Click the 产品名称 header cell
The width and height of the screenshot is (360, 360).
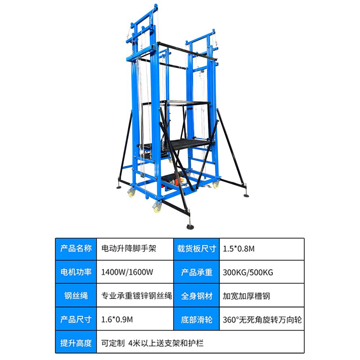(x=76, y=249)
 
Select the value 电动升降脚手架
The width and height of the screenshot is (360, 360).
(x=129, y=249)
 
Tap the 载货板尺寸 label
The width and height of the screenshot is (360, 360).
(x=196, y=249)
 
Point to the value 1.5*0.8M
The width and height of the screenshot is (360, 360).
(x=239, y=249)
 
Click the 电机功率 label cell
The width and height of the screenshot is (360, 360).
(x=76, y=272)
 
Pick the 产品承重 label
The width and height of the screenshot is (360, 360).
(x=196, y=272)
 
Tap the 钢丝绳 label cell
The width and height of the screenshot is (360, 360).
(x=76, y=296)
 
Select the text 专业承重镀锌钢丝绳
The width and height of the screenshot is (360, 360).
(x=136, y=296)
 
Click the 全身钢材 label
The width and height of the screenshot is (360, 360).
(x=196, y=296)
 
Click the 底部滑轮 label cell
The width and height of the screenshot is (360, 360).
(x=196, y=319)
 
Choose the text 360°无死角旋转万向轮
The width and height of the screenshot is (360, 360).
(x=262, y=319)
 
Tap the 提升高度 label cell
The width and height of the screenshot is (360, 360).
(x=76, y=343)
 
